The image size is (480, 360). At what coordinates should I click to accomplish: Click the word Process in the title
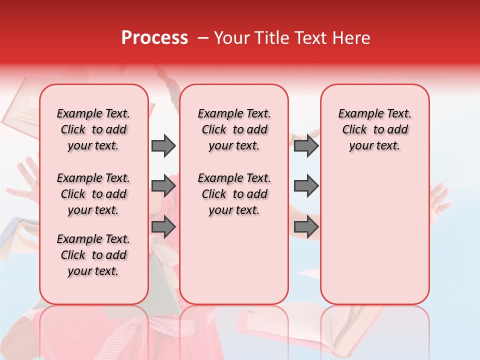click(x=154, y=37)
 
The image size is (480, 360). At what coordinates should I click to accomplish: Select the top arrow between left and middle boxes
click(x=163, y=145)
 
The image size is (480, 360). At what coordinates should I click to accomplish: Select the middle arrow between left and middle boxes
click(x=163, y=186)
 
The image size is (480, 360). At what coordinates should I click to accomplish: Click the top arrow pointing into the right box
click(x=306, y=145)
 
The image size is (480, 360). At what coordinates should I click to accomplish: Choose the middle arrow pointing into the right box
click(x=306, y=186)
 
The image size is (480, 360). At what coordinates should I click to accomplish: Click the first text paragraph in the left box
click(x=93, y=129)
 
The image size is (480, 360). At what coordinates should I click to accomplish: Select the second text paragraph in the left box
click(x=93, y=194)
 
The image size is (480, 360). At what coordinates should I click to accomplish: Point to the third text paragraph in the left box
click(x=93, y=255)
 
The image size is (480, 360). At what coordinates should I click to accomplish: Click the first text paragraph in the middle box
click(x=234, y=129)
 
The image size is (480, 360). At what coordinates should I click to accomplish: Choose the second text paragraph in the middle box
click(x=234, y=194)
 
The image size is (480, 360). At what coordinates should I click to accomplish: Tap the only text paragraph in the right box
click(x=374, y=129)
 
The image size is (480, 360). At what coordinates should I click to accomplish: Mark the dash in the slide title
click(x=203, y=38)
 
